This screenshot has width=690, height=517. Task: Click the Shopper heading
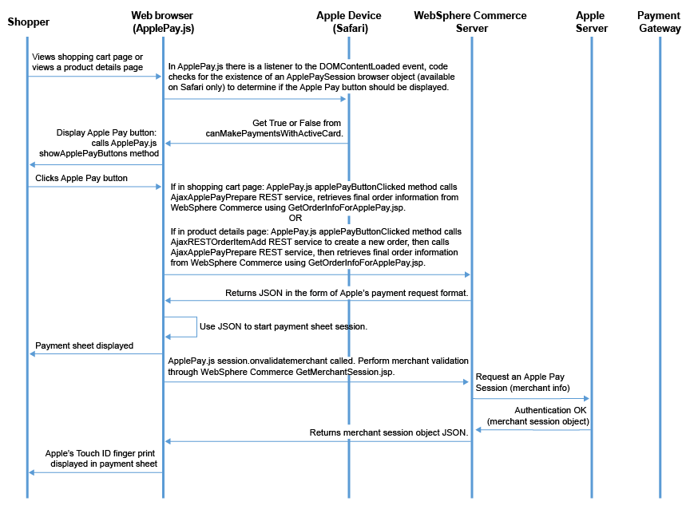click(29, 22)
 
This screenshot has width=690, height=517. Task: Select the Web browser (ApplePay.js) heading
click(163, 22)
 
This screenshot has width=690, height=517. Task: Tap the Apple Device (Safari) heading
click(349, 22)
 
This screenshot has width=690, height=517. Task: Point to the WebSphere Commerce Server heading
click(470, 22)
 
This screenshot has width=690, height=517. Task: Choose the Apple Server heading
click(592, 22)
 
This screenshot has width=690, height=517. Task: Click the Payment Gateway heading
click(660, 22)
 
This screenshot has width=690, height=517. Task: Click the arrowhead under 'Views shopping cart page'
click(159, 77)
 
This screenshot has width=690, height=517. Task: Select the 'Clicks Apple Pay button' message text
click(81, 178)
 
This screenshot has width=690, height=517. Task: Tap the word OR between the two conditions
click(295, 218)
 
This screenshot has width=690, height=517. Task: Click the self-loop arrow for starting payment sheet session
click(196, 327)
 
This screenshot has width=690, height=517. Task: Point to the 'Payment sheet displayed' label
click(84, 345)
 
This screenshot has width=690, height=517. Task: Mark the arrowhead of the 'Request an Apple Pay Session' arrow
click(586, 398)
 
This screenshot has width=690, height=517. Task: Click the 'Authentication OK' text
click(550, 410)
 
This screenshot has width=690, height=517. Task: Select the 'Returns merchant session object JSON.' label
click(389, 432)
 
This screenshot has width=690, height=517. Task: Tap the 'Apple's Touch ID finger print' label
click(100, 453)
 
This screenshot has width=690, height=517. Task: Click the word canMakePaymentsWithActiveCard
click(274, 133)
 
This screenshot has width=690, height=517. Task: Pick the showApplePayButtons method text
click(99, 153)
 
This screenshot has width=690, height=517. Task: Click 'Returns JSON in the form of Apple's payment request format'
click(347, 293)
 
